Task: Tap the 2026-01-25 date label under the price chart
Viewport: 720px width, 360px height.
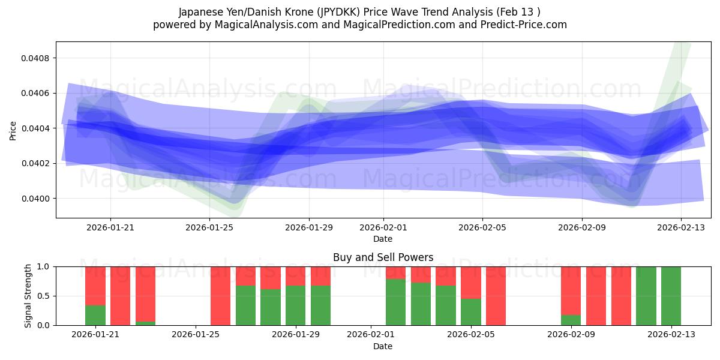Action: click(209, 227)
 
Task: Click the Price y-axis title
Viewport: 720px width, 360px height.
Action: click(13, 130)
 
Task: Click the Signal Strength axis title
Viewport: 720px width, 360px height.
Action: click(28, 296)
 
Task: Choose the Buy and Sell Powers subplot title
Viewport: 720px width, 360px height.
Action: click(383, 257)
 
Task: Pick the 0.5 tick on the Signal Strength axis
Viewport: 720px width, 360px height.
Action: click(44, 296)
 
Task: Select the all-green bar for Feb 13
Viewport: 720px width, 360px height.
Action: click(671, 296)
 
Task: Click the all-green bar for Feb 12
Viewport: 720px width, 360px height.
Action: click(646, 296)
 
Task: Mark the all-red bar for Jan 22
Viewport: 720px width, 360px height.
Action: click(121, 296)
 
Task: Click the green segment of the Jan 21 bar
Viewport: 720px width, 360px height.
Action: click(95, 315)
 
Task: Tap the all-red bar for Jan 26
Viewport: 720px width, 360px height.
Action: click(221, 296)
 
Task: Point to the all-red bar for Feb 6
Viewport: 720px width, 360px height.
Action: click(496, 296)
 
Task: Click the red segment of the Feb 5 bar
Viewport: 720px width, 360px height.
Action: click(471, 282)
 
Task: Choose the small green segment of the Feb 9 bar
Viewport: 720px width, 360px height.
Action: click(571, 320)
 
